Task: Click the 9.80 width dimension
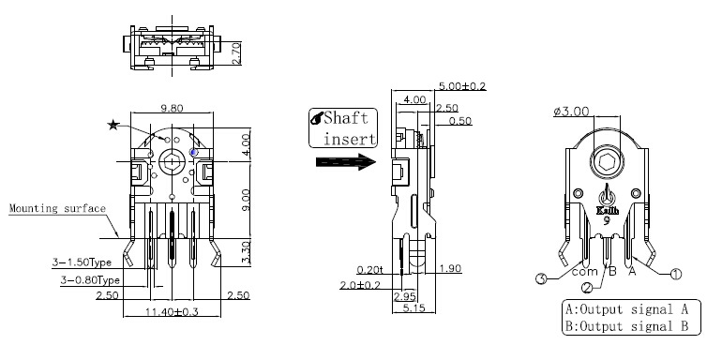[173, 108]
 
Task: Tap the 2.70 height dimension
[235, 53]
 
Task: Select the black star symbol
[113, 125]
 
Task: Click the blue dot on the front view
[194, 152]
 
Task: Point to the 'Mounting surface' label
[57, 208]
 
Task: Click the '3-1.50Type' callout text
[82, 262]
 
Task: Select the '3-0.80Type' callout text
[90, 280]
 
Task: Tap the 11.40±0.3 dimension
[172, 311]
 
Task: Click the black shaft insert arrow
[346, 161]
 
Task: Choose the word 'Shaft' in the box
[346, 118]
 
